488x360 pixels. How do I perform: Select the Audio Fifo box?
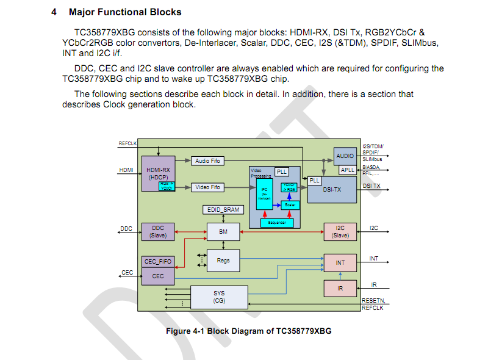(207, 160)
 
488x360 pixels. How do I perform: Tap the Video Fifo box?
(207, 187)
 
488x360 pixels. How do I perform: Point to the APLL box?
(348, 170)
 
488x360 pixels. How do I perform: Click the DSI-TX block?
(332, 190)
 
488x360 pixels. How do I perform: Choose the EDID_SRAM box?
(223, 210)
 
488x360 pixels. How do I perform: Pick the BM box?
(223, 232)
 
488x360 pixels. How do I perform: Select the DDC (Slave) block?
(157, 232)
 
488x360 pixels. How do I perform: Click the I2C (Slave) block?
(340, 232)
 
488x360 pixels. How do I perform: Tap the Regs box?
(223, 260)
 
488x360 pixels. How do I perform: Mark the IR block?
(340, 288)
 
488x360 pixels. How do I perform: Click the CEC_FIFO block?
(157, 262)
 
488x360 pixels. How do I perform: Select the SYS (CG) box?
(219, 297)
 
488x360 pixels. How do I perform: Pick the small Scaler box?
(291, 205)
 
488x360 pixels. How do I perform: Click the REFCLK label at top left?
(127, 143)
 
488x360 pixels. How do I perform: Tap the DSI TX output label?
(371, 185)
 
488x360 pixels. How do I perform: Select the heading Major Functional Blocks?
(124, 12)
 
